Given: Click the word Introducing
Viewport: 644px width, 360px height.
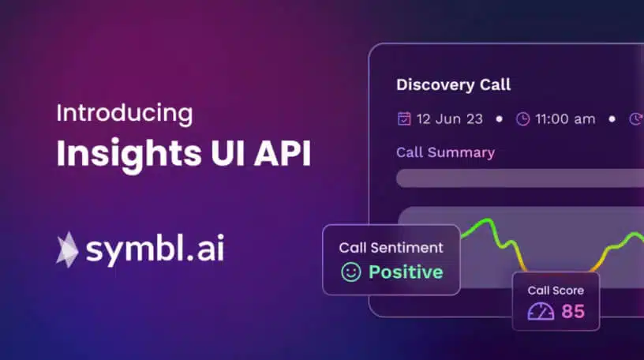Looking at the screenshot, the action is [125, 114].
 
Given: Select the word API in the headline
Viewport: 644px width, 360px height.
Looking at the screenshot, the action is [283, 153].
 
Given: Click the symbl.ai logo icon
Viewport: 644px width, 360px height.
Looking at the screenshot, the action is [67, 249].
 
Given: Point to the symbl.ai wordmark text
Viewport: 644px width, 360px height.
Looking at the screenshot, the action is [155, 249].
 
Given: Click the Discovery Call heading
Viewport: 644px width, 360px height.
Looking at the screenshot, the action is [454, 84].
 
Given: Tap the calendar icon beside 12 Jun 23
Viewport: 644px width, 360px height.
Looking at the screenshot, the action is [404, 118].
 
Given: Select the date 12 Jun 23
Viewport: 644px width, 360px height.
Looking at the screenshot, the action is [450, 119].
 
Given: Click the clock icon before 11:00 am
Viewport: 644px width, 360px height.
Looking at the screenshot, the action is [522, 119].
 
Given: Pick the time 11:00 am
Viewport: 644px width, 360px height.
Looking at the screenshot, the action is [565, 119].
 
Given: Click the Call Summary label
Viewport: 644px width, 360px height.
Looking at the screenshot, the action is [446, 152].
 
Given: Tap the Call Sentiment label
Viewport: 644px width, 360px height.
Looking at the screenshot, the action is [391, 247].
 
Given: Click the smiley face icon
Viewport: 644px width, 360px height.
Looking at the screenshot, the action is [350, 272].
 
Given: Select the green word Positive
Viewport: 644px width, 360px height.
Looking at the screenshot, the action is [406, 272].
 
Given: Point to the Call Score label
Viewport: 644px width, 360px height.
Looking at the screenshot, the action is [556, 291].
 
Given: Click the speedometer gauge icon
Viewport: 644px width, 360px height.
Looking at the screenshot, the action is [541, 312].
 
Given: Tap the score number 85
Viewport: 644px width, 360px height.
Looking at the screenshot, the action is [573, 311].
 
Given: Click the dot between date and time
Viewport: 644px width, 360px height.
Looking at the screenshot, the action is [499, 119].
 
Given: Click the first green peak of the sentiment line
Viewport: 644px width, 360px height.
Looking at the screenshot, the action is [489, 219].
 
